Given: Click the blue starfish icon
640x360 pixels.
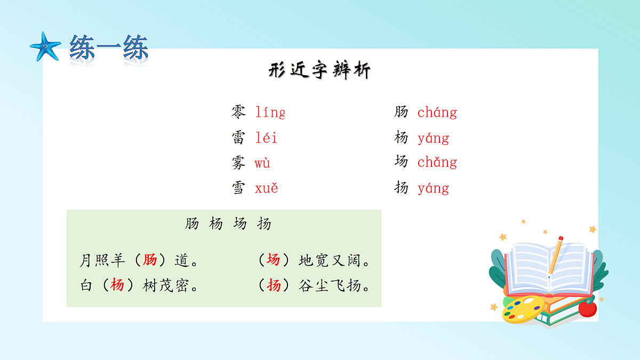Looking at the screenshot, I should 45,46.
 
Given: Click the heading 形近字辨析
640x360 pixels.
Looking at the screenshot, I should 319,71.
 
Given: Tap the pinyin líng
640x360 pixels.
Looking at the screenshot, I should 270,113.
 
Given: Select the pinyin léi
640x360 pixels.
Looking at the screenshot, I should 266,138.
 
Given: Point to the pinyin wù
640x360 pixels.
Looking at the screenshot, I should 262,163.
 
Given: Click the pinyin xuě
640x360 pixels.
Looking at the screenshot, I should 266,188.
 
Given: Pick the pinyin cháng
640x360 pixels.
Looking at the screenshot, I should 437,113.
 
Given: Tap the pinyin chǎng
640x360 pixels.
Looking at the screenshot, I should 437,162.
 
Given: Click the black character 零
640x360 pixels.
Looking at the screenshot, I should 238,112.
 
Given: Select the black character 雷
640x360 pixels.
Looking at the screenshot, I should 238,138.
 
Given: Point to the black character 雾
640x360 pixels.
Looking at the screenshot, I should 238,163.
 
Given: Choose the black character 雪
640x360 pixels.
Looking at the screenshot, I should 238,188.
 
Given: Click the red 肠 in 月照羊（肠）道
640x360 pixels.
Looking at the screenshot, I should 150,260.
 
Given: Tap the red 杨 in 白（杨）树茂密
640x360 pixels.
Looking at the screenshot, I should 117,285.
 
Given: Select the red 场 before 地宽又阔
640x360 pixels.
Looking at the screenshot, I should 274,260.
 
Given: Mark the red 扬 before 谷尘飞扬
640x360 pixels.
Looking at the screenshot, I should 274,285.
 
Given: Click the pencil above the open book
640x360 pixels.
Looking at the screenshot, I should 555,255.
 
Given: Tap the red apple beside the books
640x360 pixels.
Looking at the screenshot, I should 587,308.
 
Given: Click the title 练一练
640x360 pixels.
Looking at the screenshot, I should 109,49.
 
